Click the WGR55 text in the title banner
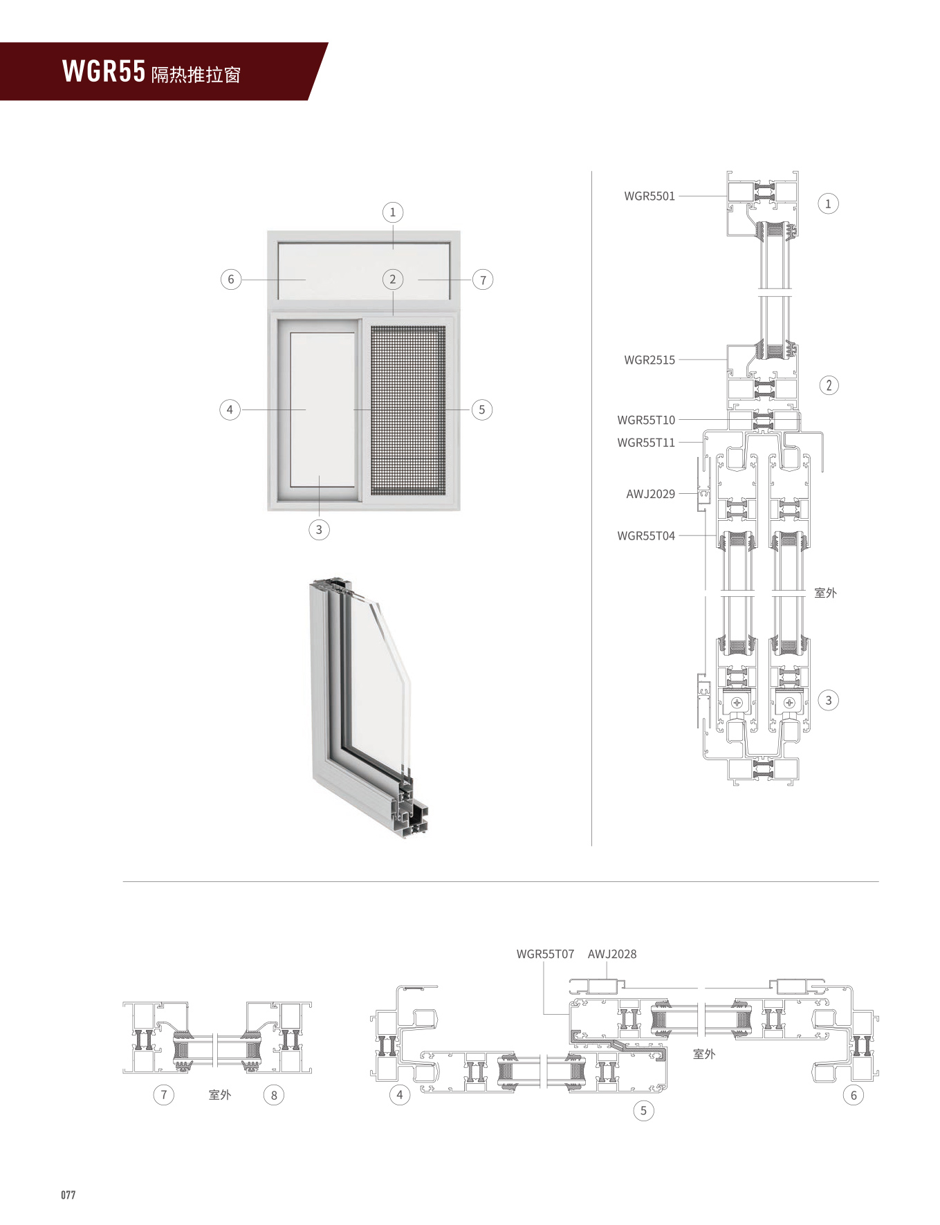coord(104,72)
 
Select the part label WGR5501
coord(649,196)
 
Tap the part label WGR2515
coord(649,360)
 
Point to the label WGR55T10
coord(645,420)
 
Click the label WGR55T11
coord(645,443)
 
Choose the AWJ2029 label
coord(650,494)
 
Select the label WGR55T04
coord(645,535)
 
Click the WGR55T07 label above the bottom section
coord(545,954)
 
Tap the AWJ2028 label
coord(611,954)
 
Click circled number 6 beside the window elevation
coord(230,279)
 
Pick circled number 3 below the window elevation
coord(319,530)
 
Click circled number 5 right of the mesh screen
coord(482,409)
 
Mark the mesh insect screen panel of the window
coord(408,409)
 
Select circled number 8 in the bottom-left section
coord(274,1095)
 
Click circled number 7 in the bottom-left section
coord(164,1094)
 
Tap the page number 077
coord(68,1195)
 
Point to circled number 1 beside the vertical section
coord(828,203)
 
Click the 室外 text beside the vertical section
coord(825,593)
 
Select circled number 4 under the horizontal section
coord(399,1094)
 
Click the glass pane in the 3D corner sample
coord(377,685)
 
